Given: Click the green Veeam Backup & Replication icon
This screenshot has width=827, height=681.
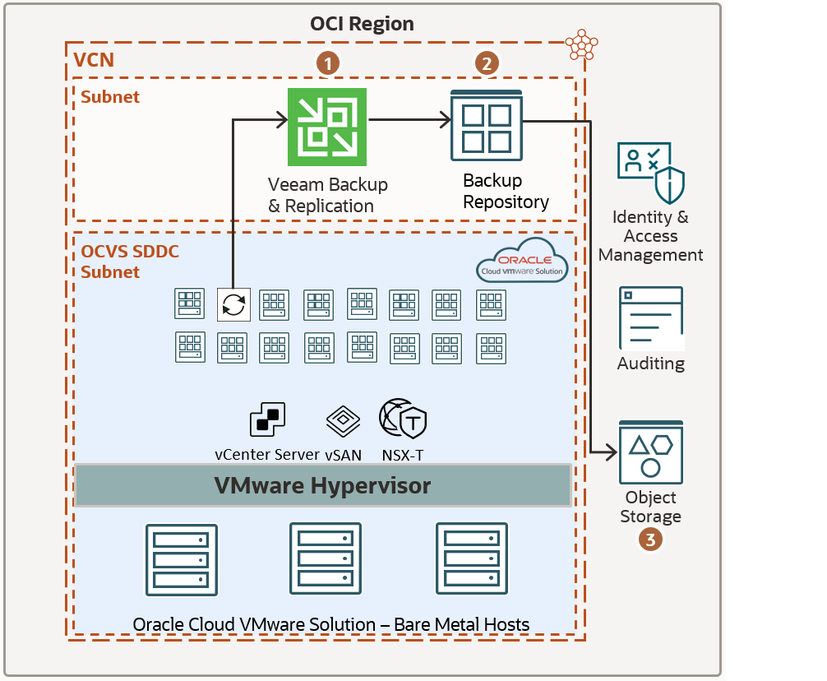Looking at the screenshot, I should pos(326,127).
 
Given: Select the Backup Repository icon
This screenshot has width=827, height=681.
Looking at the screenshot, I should pos(487,126).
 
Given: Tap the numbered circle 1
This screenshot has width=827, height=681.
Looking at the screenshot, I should pos(327,63).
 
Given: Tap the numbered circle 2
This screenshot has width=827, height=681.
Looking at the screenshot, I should pos(487,63).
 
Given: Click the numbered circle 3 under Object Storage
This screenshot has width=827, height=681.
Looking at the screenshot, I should pos(650,540).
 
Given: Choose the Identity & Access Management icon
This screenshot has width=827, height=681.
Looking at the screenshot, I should pos(651,174).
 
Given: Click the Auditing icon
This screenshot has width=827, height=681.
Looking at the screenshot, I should pos(650,318).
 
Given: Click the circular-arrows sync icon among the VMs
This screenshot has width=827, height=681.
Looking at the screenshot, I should pos(233,304).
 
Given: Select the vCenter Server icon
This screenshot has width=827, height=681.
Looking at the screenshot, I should pos(267,420).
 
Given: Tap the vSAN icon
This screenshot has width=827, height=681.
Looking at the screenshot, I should pos(343,421).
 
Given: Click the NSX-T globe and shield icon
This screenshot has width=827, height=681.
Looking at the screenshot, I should pos(402,419).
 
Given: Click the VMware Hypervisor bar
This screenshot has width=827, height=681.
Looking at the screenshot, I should pos(322,485).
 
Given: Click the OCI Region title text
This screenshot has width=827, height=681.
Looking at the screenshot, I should pos(362,24).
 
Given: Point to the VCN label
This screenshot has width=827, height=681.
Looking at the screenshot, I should pos(94,59).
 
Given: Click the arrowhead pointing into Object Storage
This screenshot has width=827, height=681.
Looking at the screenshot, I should pos(611,452).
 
